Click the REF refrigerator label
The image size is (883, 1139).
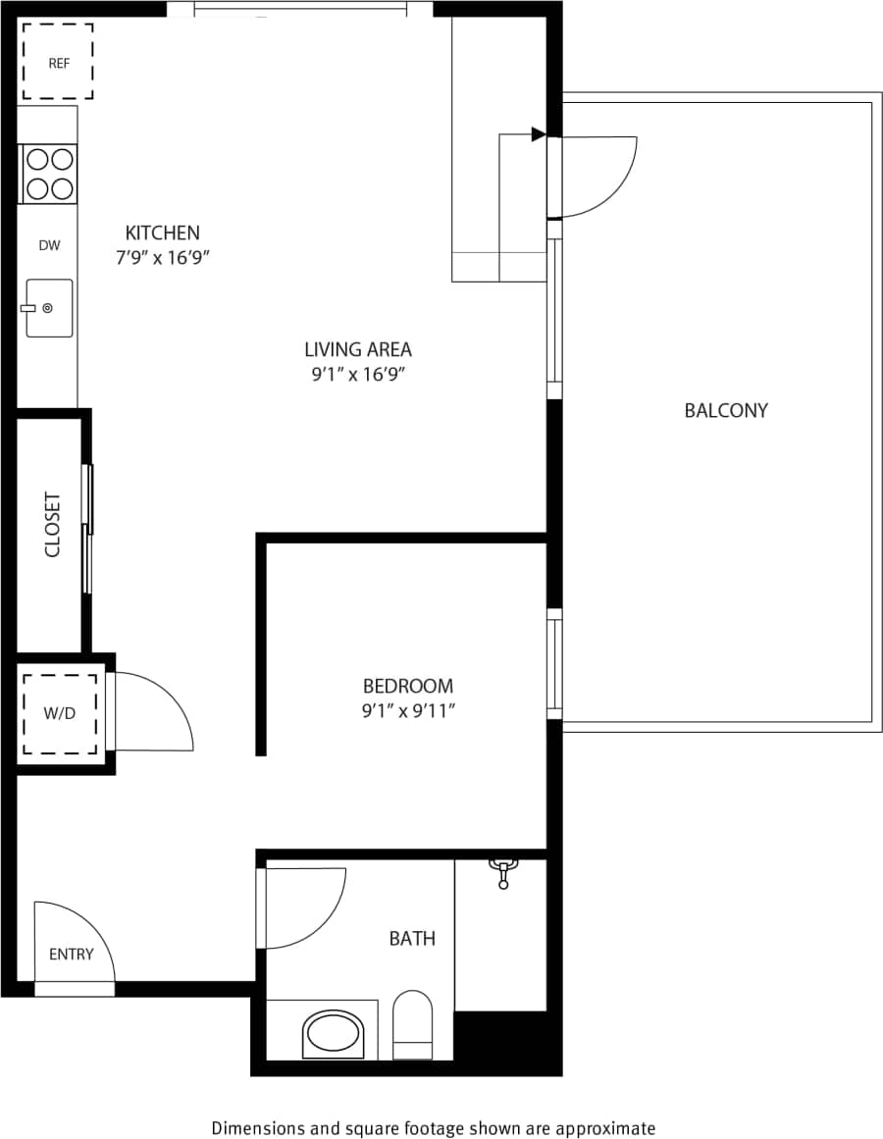click(59, 64)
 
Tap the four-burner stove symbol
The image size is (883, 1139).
click(49, 174)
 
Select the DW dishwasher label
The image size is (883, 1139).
click(49, 245)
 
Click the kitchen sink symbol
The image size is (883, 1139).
click(48, 308)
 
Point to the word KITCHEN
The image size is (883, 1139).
click(162, 233)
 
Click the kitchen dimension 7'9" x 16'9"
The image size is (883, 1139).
click(163, 258)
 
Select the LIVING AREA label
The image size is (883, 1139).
click(357, 348)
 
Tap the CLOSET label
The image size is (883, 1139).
click(52, 525)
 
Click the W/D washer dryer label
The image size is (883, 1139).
click(59, 713)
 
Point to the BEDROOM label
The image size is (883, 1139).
click(407, 686)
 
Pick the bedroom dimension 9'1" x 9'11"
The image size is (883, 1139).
click(408, 711)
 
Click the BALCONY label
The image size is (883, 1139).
click(726, 410)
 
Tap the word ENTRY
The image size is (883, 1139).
click(71, 954)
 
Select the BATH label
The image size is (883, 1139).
click(412, 939)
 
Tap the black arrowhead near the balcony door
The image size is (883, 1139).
click(538, 133)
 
